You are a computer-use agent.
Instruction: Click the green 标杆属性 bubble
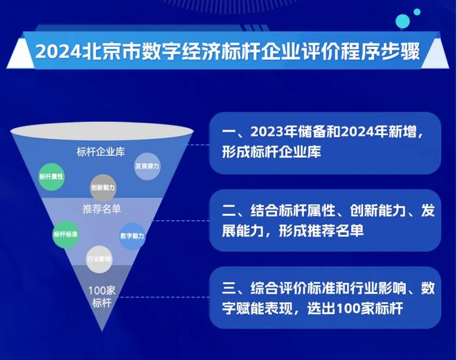point(52,177)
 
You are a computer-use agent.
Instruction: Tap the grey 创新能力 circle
point(102,188)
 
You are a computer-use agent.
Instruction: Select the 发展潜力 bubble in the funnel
point(147,166)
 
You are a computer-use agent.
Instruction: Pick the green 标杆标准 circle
point(65,235)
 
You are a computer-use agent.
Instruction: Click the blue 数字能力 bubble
point(133,236)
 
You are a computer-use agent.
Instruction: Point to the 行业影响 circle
point(99,259)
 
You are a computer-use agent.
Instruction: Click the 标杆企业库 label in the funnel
point(101,152)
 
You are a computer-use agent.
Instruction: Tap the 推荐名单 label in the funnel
point(101,209)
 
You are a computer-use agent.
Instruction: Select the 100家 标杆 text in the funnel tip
point(102,297)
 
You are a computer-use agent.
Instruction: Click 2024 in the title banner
point(58,52)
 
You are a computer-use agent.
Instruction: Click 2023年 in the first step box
point(273,132)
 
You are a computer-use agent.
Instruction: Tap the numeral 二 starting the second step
point(228,211)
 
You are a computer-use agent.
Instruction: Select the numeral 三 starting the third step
point(228,288)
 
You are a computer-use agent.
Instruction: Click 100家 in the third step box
point(355,308)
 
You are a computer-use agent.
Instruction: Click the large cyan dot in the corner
point(403,22)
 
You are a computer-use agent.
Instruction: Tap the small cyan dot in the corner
point(417,12)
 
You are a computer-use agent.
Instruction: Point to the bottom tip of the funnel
point(102,331)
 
